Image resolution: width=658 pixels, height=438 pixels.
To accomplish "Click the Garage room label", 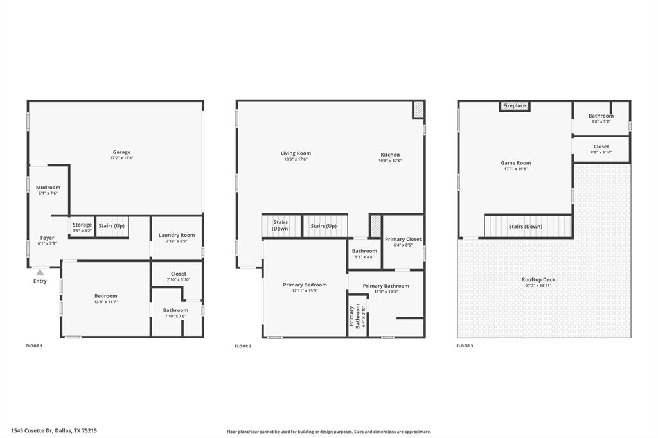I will tap(122, 152).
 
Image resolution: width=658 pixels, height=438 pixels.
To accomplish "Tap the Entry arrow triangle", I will tap(40, 272).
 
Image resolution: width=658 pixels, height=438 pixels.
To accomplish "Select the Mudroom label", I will tap(48, 188).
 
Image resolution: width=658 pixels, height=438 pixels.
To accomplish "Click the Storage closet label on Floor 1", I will tap(82, 225).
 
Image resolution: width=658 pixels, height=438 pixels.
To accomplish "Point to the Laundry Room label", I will tap(177, 235).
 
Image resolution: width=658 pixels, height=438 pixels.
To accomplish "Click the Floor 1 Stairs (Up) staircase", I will tap(111, 226).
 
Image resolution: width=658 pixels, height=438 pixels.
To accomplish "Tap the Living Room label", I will tap(296, 153).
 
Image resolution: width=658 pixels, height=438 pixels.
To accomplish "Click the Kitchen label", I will tap(390, 155).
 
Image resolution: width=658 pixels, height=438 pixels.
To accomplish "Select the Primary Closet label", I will tap(404, 239).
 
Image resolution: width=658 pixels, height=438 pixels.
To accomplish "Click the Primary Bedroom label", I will tap(305, 285).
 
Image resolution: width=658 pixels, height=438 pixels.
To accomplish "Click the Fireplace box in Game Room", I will tap(514, 106).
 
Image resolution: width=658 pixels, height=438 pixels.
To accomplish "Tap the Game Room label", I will tap(516, 163).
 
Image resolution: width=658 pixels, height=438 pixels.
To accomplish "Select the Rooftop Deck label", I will tap(538, 279).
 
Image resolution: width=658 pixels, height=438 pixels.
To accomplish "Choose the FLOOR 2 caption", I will tap(243, 346).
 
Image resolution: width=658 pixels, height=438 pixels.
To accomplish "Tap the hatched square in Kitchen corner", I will tap(418, 110).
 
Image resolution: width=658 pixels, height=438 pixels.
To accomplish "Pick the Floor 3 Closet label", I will tap(601, 146).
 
